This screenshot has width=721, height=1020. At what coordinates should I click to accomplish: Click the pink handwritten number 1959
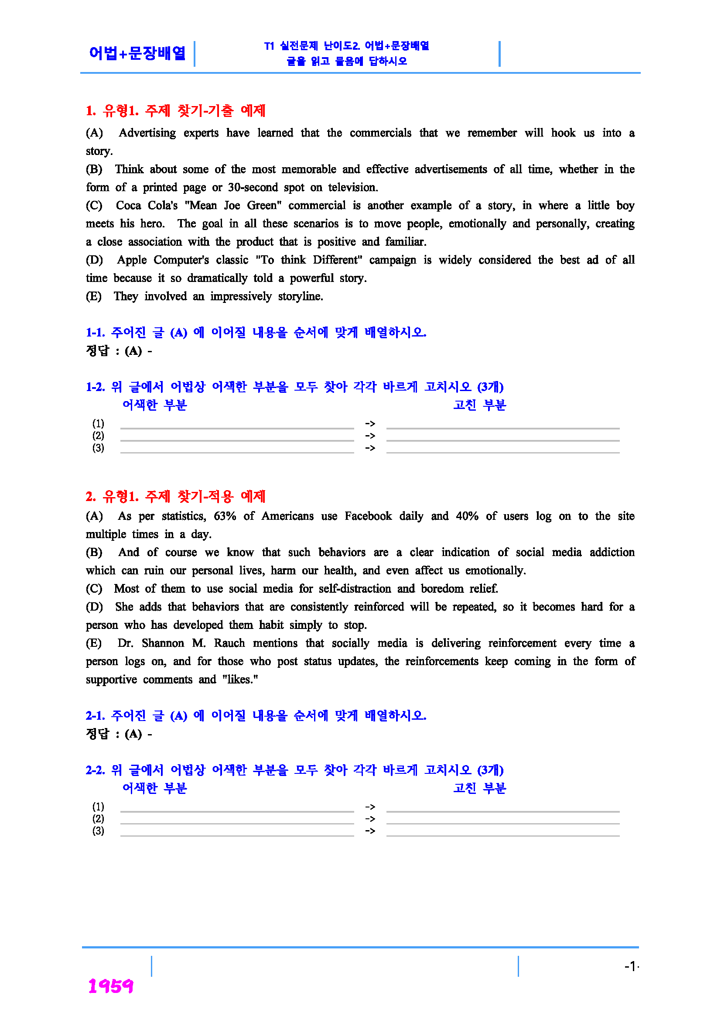110,986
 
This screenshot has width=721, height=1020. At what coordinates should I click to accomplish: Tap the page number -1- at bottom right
631,966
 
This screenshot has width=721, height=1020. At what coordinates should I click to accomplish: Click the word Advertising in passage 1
147,133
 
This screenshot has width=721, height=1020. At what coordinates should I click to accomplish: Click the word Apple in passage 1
132,260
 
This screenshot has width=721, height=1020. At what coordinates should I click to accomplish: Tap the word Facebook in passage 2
368,516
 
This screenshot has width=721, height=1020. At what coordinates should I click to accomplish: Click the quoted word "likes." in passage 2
240,680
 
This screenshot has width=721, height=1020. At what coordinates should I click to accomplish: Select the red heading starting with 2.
175,496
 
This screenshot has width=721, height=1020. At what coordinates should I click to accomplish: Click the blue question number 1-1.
95,332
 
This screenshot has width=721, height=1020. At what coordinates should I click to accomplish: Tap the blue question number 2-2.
95,770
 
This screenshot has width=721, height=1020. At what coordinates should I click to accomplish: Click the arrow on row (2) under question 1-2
370,436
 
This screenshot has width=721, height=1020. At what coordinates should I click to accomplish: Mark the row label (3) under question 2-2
98,831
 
